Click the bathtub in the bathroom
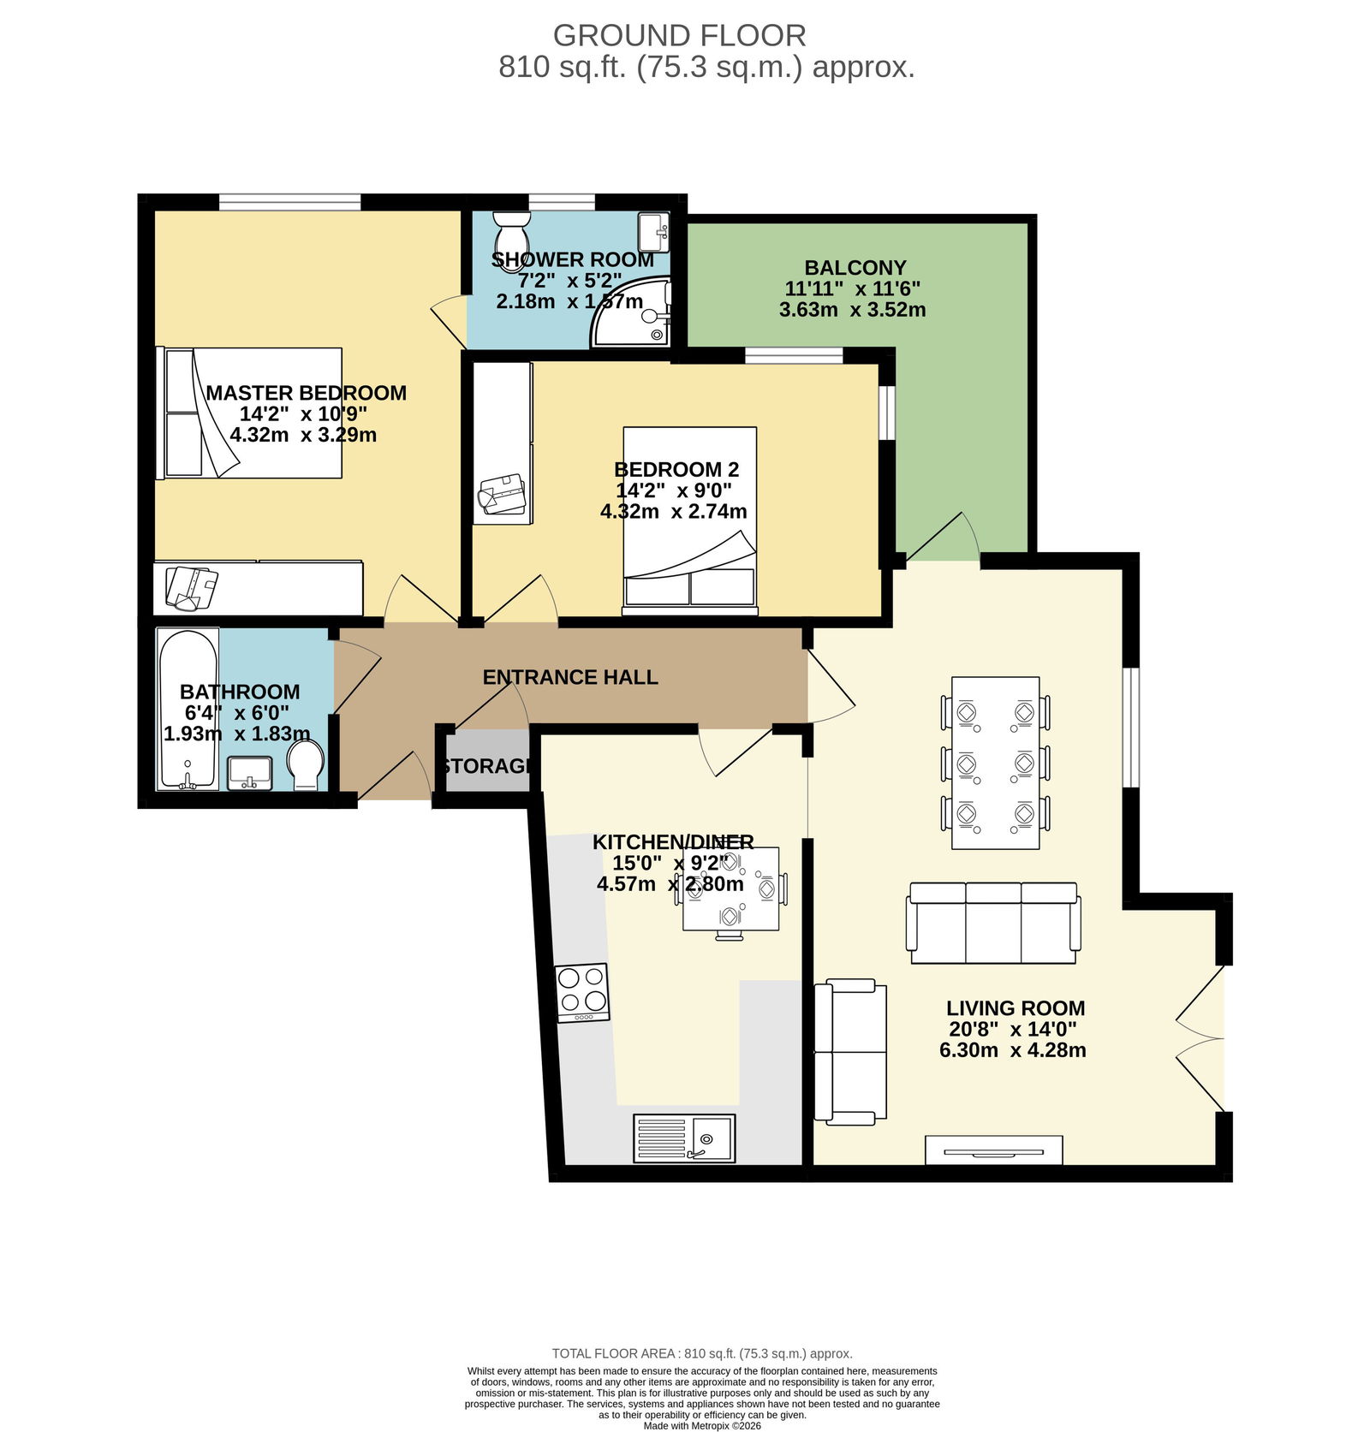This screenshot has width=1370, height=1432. click(188, 710)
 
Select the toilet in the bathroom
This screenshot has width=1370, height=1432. click(305, 765)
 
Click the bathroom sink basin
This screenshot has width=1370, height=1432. click(250, 773)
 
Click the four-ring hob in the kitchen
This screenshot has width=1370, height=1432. click(582, 992)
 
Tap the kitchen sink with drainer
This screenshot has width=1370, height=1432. click(684, 1138)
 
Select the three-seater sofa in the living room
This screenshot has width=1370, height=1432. click(993, 923)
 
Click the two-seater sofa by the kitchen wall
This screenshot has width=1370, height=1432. click(849, 1052)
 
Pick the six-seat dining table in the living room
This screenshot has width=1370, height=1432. click(996, 763)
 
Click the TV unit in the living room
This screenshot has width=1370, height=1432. click(994, 1150)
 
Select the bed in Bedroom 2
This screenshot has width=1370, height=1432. click(690, 520)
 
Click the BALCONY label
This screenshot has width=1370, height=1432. click(855, 268)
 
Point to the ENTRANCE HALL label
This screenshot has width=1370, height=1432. click(570, 677)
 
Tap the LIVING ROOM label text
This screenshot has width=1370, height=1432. click(1016, 1008)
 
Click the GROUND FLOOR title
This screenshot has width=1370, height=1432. click(679, 36)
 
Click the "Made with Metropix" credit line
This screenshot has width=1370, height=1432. click(702, 1425)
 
